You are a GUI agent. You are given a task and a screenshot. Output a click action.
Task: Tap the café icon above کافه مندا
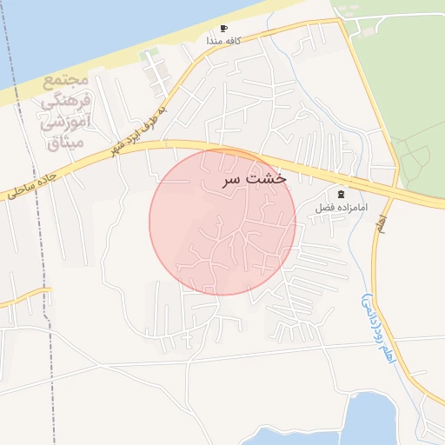click(x=224, y=29)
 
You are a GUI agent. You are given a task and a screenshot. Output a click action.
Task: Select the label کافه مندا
click(x=223, y=41)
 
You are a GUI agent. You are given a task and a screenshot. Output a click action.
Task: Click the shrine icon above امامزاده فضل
click(x=341, y=194)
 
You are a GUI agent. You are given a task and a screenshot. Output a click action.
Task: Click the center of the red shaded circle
click(x=222, y=222)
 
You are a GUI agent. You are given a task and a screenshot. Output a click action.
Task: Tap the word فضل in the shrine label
click(x=326, y=209)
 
